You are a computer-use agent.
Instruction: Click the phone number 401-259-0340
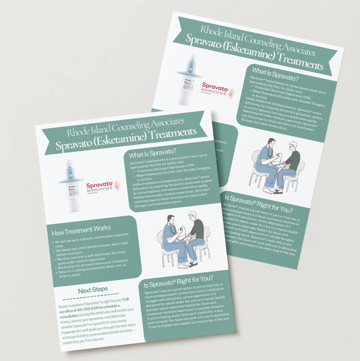click(x=83, y=308)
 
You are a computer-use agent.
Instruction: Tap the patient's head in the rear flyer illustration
click(x=293, y=146)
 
